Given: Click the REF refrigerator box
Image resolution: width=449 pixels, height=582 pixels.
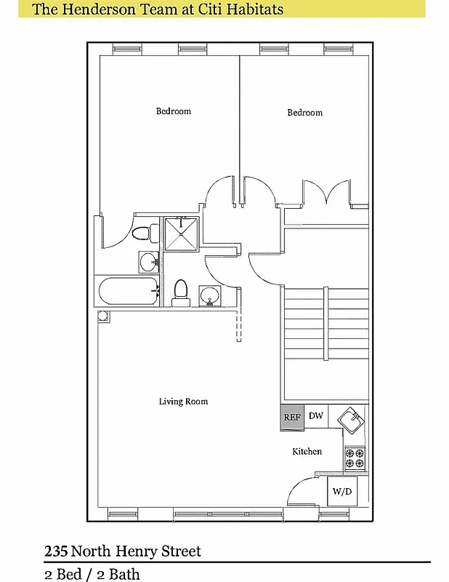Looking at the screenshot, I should [292, 418].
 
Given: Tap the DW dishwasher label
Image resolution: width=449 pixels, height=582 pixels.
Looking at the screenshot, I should [315, 416].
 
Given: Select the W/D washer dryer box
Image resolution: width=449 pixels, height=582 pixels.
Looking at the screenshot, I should [342, 491].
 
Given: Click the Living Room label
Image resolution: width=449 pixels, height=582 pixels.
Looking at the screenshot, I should [183, 402].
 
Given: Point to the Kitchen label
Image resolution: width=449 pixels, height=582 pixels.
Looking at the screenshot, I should [307, 452].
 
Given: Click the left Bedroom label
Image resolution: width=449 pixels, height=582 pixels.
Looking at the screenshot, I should [174, 111].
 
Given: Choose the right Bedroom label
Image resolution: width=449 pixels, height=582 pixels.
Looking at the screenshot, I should [304, 113].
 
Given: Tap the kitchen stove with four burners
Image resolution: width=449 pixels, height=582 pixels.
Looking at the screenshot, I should [355, 457].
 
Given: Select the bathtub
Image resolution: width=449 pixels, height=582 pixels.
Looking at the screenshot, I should [127, 292].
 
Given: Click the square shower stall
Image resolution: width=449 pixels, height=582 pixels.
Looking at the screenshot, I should [178, 234].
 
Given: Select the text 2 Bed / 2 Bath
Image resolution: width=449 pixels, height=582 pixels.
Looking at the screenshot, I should [92, 574].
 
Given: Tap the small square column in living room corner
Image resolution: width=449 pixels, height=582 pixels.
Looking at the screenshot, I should [102, 316].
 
